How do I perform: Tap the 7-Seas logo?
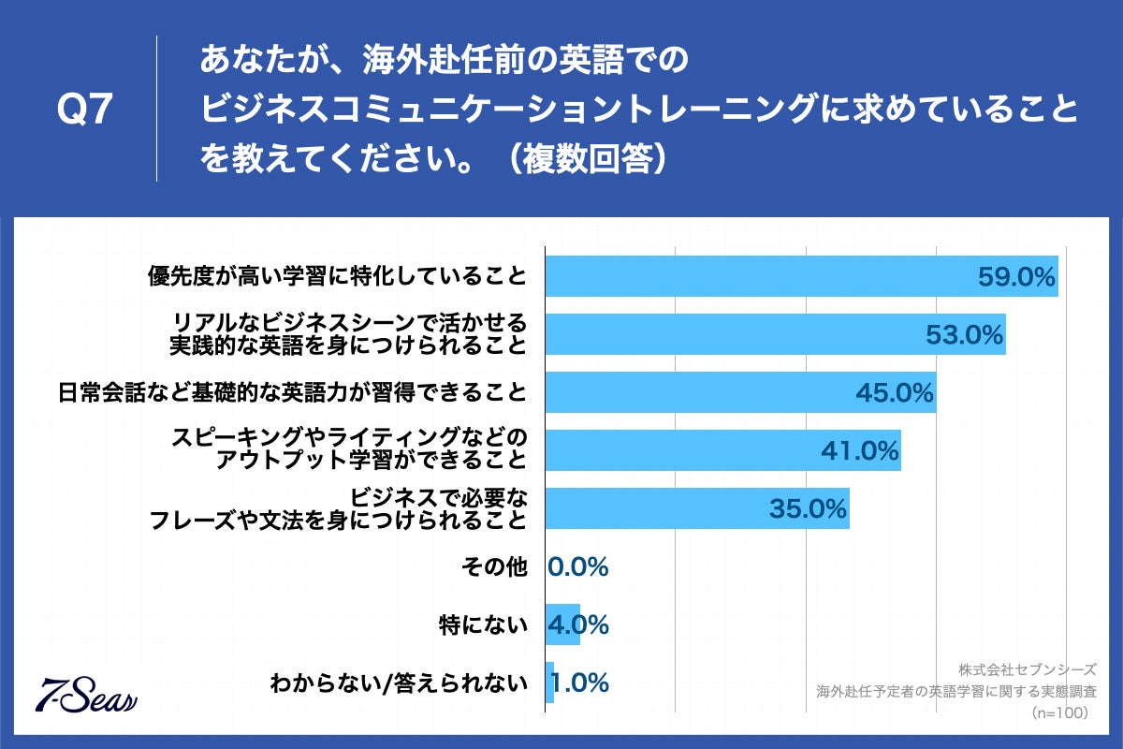click(86, 693)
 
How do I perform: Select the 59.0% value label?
click(1016, 277)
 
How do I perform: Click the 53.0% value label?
click(964, 335)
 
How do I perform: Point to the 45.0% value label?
click(895, 393)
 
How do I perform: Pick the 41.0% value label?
click(859, 451)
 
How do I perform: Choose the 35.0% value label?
click(808, 509)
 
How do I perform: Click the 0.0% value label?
click(578, 567)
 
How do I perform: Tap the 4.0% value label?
click(578, 625)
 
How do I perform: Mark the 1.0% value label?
click(580, 683)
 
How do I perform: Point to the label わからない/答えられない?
click(398, 683)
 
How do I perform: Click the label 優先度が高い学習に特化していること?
click(338, 277)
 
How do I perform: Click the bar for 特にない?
click(562, 625)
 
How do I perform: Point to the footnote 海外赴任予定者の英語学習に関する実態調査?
click(955, 692)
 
